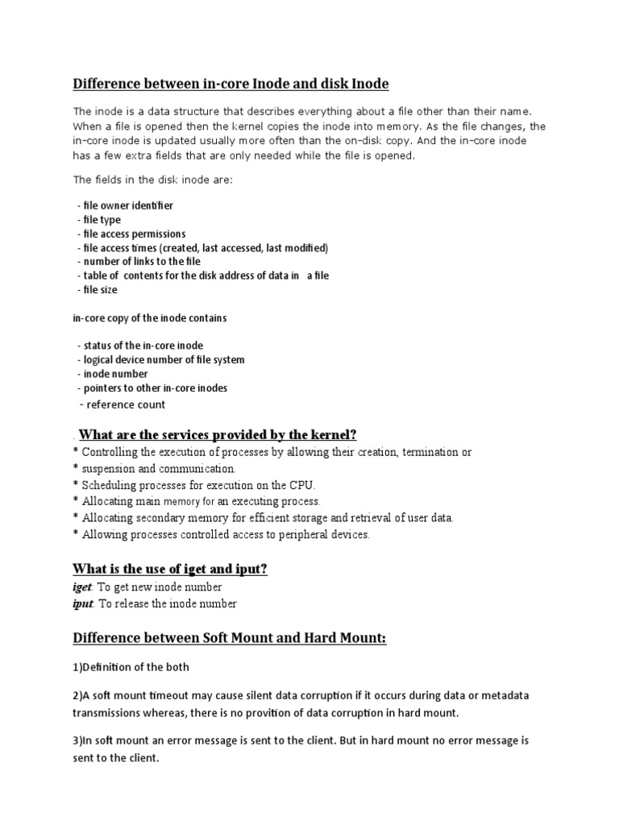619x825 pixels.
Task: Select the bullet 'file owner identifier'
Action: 127,206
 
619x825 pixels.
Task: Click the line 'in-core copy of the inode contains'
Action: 149,318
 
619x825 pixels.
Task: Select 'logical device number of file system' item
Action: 162,360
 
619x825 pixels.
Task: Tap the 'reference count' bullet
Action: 123,404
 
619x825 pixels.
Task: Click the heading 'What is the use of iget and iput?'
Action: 169,570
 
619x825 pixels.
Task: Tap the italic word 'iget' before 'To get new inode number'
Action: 83,587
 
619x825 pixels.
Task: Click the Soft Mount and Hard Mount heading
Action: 230,639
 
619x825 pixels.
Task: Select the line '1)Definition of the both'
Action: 131,667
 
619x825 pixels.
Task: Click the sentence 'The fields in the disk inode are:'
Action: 152,180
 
